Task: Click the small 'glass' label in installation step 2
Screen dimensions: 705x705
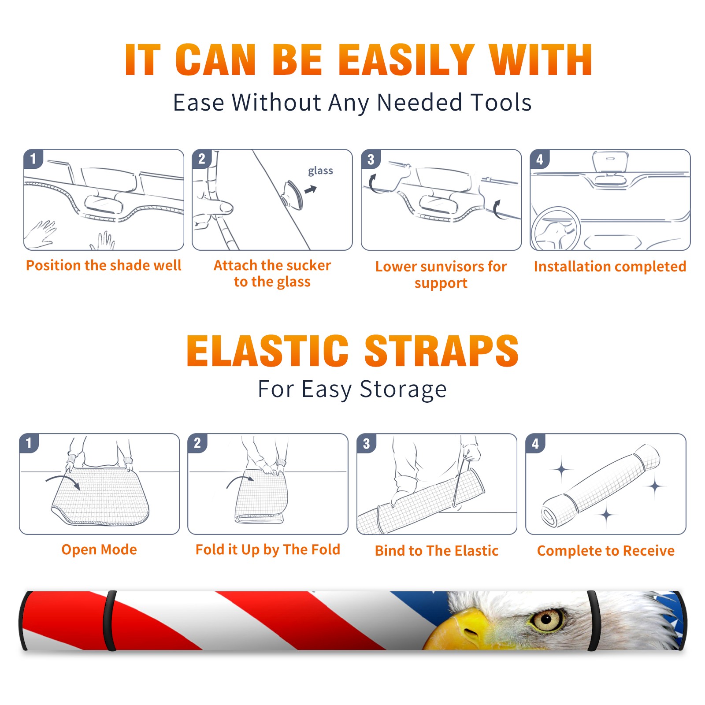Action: click(x=320, y=171)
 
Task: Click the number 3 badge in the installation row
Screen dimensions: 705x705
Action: click(x=371, y=159)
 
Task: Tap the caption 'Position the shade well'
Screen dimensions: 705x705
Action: click(x=104, y=265)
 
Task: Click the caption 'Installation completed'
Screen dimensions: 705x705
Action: click(x=610, y=267)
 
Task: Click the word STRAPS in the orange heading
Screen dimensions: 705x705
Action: click(x=442, y=351)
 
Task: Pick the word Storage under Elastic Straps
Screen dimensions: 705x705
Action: click(x=403, y=390)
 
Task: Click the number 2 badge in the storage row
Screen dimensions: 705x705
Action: click(x=197, y=443)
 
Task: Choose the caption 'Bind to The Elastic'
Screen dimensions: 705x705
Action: click(x=436, y=551)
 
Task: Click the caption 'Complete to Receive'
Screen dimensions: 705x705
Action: click(x=606, y=551)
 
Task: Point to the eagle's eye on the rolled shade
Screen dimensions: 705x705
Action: click(x=547, y=620)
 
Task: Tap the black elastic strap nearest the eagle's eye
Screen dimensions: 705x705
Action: click(x=593, y=621)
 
